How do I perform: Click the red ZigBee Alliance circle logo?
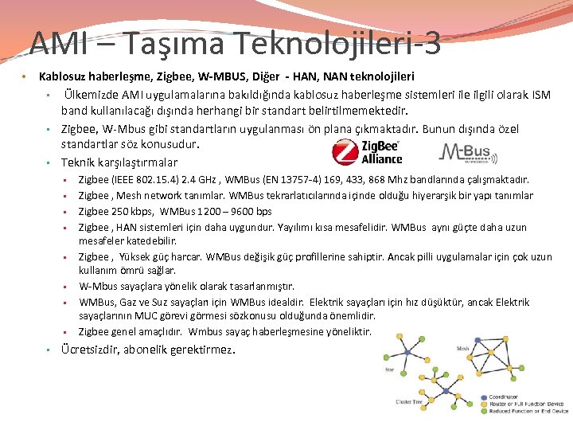tap(345, 152)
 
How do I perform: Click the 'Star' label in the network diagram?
tap(389, 369)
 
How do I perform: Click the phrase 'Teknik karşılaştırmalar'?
tap(119, 162)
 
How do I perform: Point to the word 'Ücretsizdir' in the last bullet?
tap(94, 350)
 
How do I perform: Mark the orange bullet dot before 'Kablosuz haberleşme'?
tap(25, 76)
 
